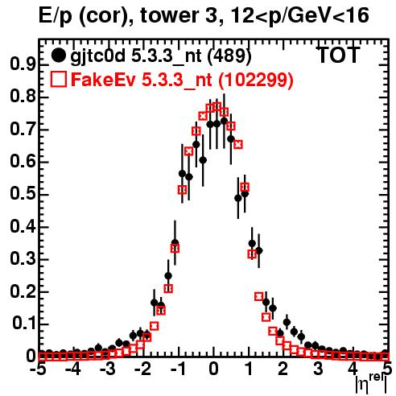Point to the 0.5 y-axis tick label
click(x=23, y=194)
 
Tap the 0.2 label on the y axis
click(x=23, y=291)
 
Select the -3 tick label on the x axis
click(x=107, y=369)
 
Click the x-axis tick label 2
click(x=283, y=369)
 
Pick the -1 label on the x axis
click(x=178, y=369)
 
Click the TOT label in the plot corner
click(x=338, y=55)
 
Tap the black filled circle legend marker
click(x=58, y=56)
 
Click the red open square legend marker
click(x=59, y=79)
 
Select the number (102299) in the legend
click(x=255, y=80)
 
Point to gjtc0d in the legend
click(x=97, y=56)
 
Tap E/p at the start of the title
click(x=56, y=16)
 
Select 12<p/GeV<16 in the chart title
click(x=299, y=16)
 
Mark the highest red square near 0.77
click(x=217, y=106)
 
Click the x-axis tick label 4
click(x=353, y=369)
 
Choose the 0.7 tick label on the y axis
click(x=23, y=129)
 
